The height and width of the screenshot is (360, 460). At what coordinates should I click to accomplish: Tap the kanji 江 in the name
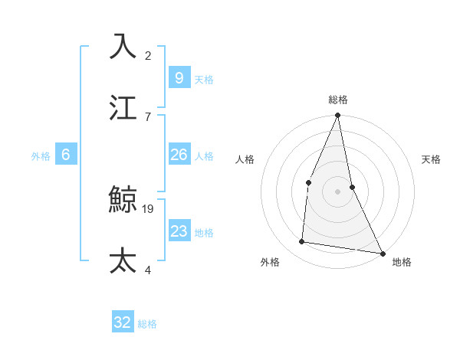click(123, 108)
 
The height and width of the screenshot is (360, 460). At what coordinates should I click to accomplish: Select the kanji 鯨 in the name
click(123, 200)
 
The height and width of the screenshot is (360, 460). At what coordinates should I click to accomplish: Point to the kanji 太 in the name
click(123, 260)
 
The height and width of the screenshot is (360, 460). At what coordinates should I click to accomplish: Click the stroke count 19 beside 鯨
click(148, 208)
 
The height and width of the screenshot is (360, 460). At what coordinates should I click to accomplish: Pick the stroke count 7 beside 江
click(148, 116)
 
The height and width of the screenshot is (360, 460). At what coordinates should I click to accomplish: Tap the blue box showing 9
click(179, 77)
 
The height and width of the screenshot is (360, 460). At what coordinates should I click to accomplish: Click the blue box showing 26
click(179, 155)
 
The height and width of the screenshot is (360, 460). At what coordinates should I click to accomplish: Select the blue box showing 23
click(179, 231)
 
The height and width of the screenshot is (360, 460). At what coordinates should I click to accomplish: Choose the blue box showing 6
click(66, 155)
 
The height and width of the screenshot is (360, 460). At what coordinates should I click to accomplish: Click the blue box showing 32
click(123, 322)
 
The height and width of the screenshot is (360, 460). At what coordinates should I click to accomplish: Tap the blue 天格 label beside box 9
click(204, 80)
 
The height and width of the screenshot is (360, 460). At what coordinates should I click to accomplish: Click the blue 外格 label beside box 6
click(41, 156)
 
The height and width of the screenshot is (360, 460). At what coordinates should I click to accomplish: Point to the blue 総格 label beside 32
click(147, 324)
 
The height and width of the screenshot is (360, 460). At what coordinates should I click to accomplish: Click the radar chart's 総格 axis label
click(338, 100)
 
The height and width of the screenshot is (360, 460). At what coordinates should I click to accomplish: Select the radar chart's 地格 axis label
click(402, 262)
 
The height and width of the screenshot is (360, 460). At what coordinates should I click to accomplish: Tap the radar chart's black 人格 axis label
click(245, 159)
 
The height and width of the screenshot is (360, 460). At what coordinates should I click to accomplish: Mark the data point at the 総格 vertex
click(337, 116)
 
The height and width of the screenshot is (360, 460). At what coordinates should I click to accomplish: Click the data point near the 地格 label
click(382, 253)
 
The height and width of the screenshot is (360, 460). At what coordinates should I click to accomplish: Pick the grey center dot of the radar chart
click(337, 191)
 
